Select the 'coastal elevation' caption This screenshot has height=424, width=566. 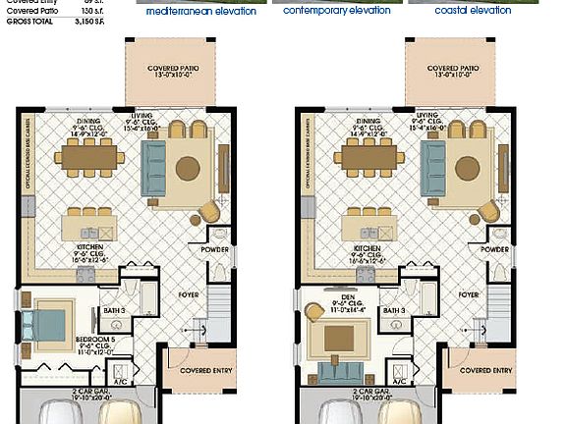tap(473, 11)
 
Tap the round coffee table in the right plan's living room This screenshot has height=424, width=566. tap(468, 168)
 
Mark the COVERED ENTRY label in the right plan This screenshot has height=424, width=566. tap(486, 371)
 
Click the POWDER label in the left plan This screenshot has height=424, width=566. tap(216, 249)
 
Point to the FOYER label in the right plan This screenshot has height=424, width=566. tap(468, 293)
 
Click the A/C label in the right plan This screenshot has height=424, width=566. tap(400, 381)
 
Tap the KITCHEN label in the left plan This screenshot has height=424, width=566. tap(89, 251)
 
